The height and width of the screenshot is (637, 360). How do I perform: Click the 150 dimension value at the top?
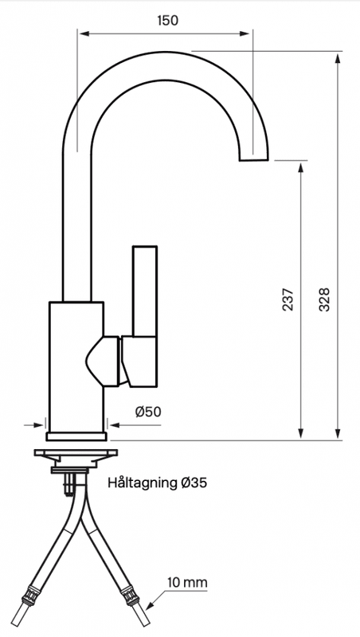(x=166, y=21)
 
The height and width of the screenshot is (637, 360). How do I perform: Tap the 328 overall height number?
(x=325, y=299)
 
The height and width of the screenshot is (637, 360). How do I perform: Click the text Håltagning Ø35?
(x=157, y=482)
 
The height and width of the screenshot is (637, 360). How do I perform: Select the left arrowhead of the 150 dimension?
(x=82, y=33)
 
